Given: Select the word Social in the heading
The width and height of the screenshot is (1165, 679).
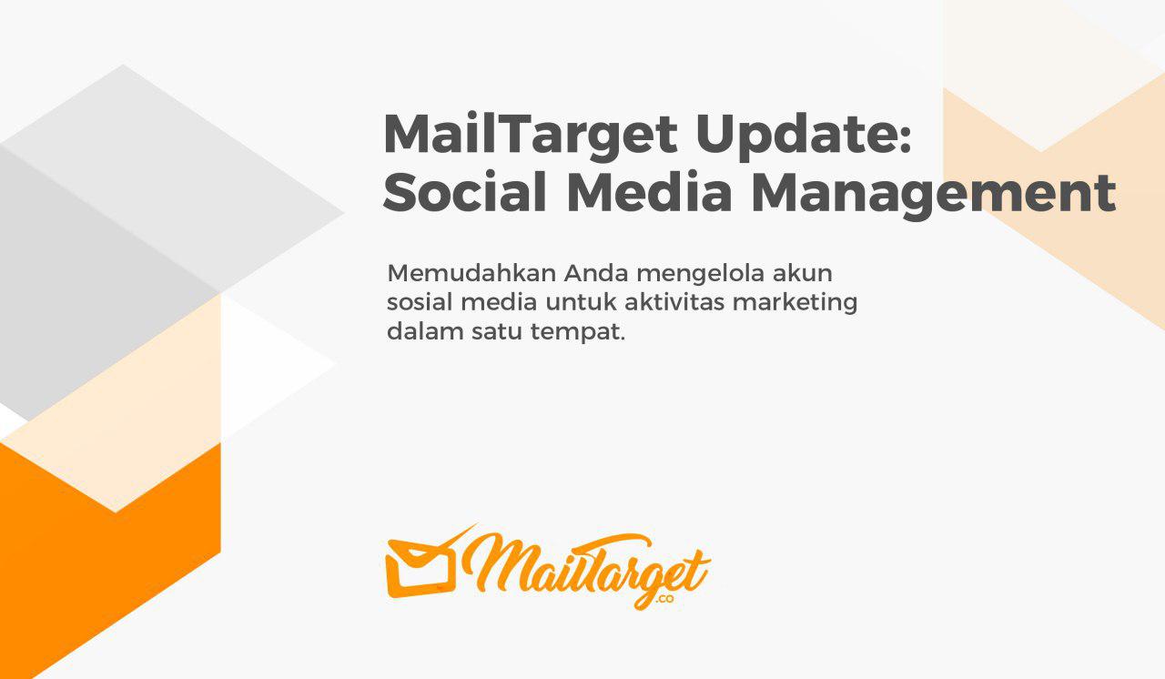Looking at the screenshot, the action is pyautogui.click(x=464, y=192).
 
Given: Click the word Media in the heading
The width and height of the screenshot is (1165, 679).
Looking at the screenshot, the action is pyautogui.click(x=650, y=192).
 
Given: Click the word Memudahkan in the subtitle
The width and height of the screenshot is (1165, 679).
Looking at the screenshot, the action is pyautogui.click(x=471, y=273).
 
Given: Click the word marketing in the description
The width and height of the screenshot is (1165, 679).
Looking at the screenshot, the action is pyautogui.click(x=795, y=305).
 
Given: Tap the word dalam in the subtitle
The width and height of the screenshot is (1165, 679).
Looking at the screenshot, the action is pyautogui.click(x=425, y=331).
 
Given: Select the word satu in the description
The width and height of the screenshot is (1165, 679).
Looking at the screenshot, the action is pyautogui.click(x=497, y=332).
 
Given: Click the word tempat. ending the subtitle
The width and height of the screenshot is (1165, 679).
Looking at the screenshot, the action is pyautogui.click(x=577, y=334).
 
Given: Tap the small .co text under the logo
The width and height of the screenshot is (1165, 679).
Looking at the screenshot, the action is pyautogui.click(x=664, y=600).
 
